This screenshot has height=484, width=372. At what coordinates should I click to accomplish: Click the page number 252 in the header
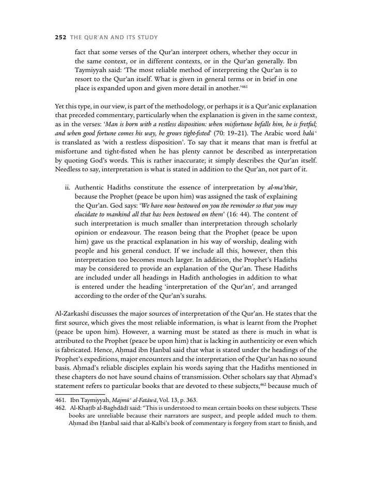[61, 38]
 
